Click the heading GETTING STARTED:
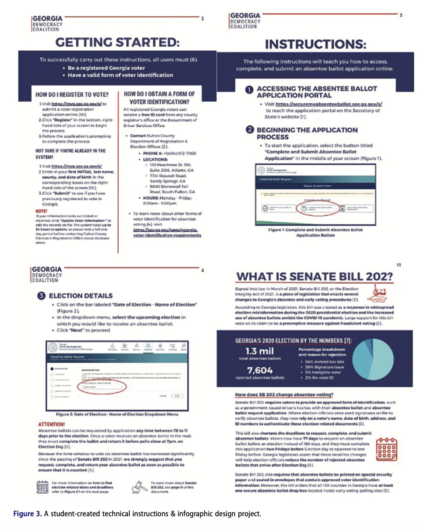point(117,42)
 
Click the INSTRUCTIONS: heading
point(315,44)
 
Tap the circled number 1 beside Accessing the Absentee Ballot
point(249,90)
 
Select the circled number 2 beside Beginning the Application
point(249,130)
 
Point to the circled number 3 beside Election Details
point(41,296)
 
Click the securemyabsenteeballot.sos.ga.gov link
point(328,104)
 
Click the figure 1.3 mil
point(260,351)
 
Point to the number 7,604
point(260,370)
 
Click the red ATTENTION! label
point(52,424)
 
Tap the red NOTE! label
point(41,211)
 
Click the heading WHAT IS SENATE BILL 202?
point(314,277)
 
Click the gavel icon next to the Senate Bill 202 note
point(139,487)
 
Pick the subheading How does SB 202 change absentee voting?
point(284,394)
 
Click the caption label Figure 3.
point(27,514)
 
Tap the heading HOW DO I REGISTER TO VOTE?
point(72,95)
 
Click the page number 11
point(399,265)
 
